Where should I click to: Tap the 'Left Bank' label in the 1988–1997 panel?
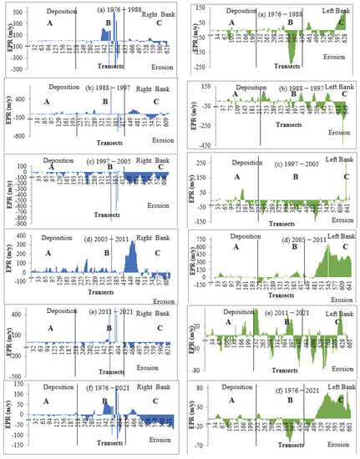click(327, 89)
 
